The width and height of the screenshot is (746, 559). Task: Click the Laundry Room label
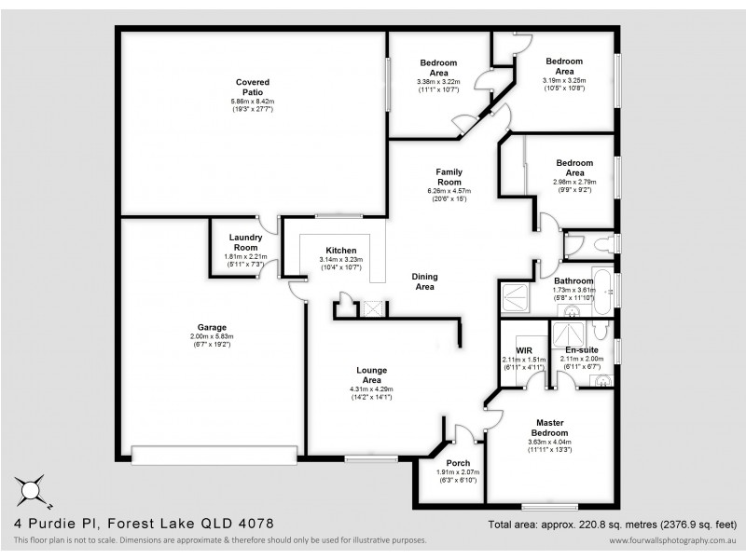coord(245,242)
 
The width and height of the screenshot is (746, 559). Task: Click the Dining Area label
coord(425,281)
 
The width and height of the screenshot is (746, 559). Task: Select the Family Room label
coord(449,176)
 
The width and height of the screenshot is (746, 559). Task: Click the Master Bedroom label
coord(550,428)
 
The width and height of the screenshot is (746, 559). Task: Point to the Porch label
coord(458,463)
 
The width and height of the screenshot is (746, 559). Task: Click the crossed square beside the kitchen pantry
coord(372,307)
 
